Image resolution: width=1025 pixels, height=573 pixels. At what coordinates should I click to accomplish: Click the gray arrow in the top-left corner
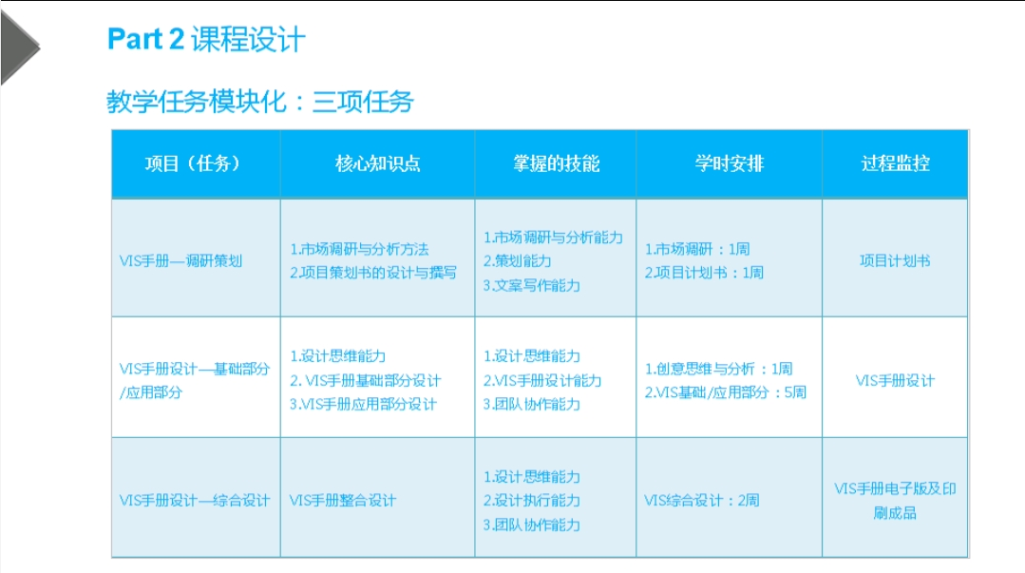coord(18,48)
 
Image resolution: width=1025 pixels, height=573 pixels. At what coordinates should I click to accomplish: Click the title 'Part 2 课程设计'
coord(206,39)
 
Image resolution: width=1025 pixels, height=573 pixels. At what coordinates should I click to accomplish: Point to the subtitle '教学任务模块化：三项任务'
coord(260,102)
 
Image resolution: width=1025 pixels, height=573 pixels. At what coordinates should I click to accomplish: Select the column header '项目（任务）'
coord(193,163)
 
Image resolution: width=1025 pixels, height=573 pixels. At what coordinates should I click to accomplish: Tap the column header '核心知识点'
coord(378,163)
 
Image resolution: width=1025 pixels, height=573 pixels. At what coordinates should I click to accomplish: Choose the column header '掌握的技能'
coord(557,163)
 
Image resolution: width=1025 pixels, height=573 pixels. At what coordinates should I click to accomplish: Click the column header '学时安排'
coord(729,163)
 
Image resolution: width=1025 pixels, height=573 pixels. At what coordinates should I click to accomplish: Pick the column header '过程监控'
coord(896,163)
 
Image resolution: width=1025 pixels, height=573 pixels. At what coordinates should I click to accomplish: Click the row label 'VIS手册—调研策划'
coord(181,261)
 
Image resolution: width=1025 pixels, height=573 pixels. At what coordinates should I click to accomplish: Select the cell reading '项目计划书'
coord(895,261)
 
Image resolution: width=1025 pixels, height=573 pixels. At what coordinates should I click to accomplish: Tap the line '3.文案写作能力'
coord(531,285)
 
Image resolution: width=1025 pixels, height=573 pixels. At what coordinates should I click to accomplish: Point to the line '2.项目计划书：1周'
coord(704,273)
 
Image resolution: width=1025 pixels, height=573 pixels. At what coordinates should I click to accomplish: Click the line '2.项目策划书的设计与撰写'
coord(373,273)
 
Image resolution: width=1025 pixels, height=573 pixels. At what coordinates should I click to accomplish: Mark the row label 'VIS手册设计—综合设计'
coord(195,501)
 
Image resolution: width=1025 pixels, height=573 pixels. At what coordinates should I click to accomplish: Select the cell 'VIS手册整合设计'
coord(343,501)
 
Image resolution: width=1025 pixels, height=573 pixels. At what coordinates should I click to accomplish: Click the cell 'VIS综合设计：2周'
coord(701,501)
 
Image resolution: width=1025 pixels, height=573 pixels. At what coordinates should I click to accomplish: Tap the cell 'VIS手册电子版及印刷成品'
coord(895,501)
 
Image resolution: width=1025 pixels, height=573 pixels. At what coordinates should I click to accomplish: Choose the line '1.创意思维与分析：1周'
coord(718,369)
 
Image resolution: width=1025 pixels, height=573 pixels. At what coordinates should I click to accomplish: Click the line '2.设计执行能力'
coord(531,501)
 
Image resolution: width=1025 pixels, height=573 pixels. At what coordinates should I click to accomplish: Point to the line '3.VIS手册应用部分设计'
coord(363,404)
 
